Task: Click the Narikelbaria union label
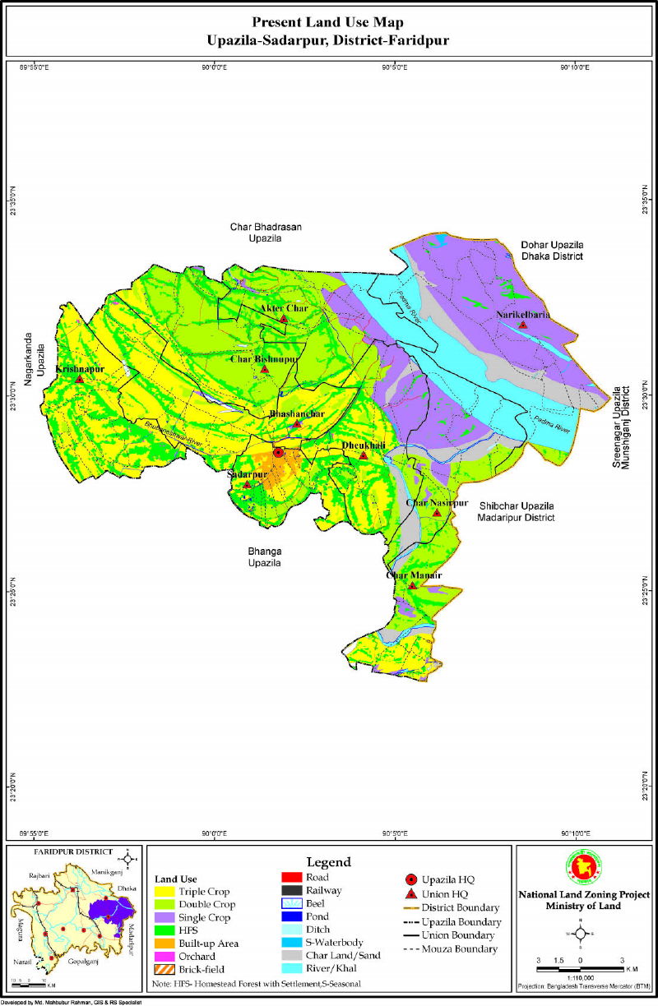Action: click(x=522, y=314)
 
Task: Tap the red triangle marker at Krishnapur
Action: click(x=79, y=379)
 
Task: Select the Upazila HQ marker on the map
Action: click(x=278, y=452)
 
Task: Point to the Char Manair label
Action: click(x=414, y=575)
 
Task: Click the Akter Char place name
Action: click(x=283, y=308)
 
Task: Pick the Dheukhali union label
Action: click(x=363, y=445)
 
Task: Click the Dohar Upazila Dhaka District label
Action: click(x=550, y=251)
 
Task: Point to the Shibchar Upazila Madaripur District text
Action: click(x=516, y=511)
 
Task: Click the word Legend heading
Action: click(x=329, y=862)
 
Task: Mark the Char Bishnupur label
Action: click(x=264, y=359)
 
